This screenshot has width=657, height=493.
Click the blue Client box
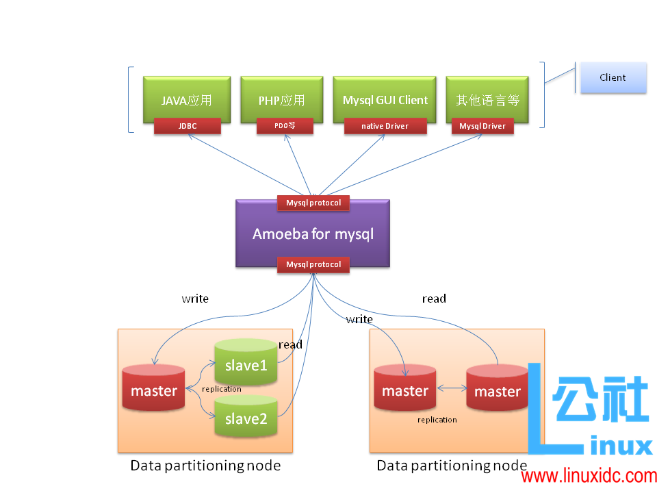click(x=613, y=77)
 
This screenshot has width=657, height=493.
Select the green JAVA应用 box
click(x=187, y=100)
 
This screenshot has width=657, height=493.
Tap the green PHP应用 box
click(x=281, y=100)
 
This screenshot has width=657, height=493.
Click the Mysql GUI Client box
click(x=385, y=100)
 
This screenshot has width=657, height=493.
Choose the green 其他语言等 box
click(x=487, y=100)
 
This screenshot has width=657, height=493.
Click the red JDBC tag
click(x=188, y=126)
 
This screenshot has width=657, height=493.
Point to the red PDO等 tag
click(x=285, y=126)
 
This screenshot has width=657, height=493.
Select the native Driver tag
click(x=385, y=126)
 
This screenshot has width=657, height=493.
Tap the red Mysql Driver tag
click(x=482, y=126)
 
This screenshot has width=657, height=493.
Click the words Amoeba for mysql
click(x=313, y=234)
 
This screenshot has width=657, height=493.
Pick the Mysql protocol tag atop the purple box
click(x=313, y=203)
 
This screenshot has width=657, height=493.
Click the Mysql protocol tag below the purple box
click(x=313, y=264)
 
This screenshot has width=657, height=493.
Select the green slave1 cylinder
click(x=246, y=364)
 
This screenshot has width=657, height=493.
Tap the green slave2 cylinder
click(x=246, y=418)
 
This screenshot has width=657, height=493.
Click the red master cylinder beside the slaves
click(x=154, y=390)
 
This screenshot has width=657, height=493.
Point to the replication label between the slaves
click(x=221, y=389)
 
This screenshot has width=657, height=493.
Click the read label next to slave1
click(x=290, y=344)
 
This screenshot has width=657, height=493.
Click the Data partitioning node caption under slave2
click(x=205, y=466)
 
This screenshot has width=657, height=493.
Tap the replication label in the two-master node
click(x=437, y=420)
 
